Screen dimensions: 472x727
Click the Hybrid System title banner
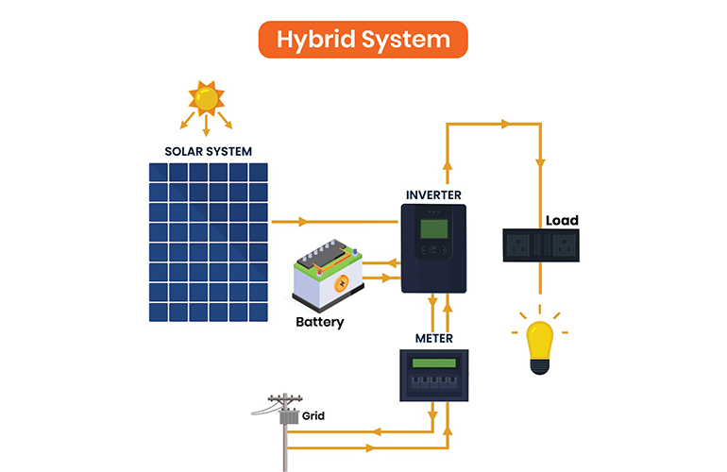(x=363, y=40)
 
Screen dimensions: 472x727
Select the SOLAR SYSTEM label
(x=208, y=151)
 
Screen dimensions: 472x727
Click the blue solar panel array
(x=208, y=243)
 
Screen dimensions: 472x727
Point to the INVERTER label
(x=433, y=195)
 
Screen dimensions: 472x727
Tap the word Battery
(x=320, y=322)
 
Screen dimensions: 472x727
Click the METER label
(x=434, y=338)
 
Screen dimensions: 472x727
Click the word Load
(x=562, y=221)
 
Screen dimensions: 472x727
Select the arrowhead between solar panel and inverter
(x=303, y=223)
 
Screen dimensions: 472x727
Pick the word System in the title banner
(x=406, y=40)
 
